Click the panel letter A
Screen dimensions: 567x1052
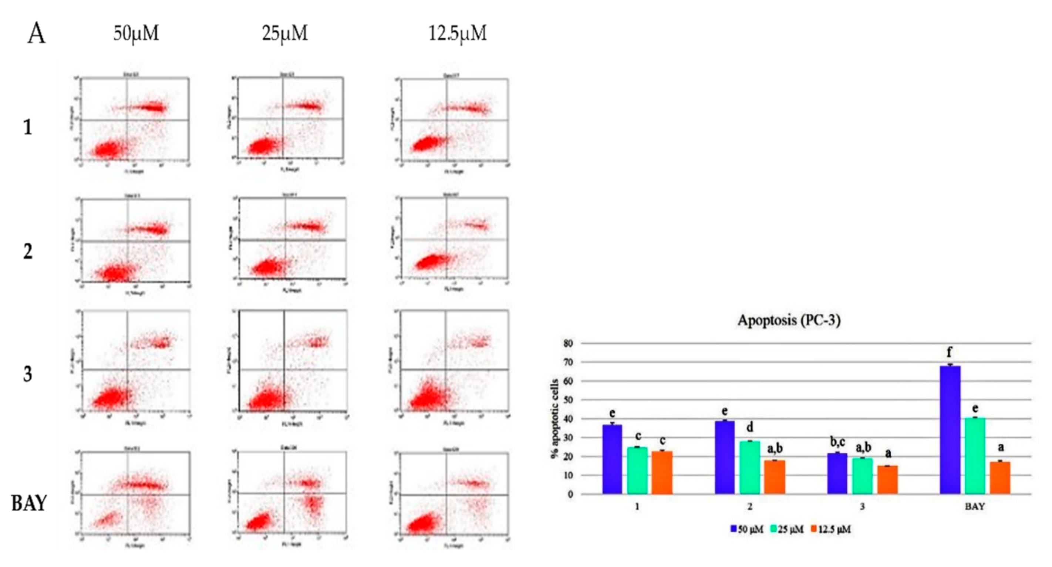click(x=36, y=34)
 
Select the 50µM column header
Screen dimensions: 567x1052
click(x=136, y=33)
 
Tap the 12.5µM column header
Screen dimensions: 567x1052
click(x=458, y=33)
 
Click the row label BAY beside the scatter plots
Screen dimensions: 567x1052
click(x=29, y=503)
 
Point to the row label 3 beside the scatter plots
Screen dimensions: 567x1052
click(x=27, y=374)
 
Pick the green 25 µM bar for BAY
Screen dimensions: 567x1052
click(x=975, y=456)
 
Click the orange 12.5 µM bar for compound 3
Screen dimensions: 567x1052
click(x=887, y=480)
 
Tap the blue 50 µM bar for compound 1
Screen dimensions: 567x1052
click(x=612, y=459)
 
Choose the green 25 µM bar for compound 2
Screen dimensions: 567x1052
click(x=750, y=468)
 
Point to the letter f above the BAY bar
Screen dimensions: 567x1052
click(x=950, y=352)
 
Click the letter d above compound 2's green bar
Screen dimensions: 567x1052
click(x=750, y=428)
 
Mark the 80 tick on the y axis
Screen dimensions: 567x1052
click(x=568, y=343)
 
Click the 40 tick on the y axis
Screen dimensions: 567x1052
click(x=568, y=419)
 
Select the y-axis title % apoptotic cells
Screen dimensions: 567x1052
click(x=554, y=418)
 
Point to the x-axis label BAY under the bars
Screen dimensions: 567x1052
click(x=974, y=507)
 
